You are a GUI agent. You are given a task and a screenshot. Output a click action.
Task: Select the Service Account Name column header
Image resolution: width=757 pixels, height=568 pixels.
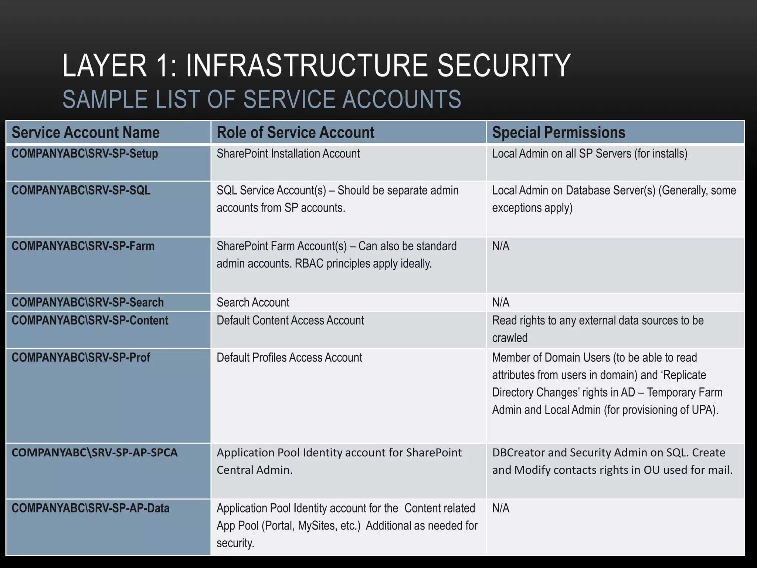coord(85,132)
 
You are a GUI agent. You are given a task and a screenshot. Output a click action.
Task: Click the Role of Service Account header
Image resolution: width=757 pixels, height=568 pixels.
coord(295,132)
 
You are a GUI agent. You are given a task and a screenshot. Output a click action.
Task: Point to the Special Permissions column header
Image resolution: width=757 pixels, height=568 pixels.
coord(559,132)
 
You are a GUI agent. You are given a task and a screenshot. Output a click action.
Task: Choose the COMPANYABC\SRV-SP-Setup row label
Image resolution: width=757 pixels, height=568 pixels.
coord(85,153)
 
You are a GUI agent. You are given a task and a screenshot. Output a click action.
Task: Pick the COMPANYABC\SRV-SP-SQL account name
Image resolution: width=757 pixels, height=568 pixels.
coord(81,190)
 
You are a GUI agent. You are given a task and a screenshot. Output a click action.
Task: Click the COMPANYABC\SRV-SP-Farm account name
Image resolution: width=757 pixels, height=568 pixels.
coord(83,246)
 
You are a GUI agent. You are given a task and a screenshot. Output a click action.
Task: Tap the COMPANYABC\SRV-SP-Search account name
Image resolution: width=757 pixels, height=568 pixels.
coord(88,302)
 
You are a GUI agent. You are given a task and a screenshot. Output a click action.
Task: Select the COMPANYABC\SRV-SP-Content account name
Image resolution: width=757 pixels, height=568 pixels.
coord(90,320)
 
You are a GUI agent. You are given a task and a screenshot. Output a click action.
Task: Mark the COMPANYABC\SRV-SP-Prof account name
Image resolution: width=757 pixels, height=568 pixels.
coord(81,357)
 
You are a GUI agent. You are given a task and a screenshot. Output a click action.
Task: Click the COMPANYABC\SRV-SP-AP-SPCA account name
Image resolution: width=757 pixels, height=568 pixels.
coord(95,452)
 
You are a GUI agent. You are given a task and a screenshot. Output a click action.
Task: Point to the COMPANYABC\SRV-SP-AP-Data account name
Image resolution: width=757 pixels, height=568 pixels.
coord(90,508)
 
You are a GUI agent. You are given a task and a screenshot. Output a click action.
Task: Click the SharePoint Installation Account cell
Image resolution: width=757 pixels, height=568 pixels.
coord(288,153)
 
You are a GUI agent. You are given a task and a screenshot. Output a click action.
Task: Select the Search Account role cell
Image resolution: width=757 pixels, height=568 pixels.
coord(253,302)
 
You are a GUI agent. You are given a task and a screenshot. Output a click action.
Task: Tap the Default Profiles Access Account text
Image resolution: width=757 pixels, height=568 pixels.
coord(289,357)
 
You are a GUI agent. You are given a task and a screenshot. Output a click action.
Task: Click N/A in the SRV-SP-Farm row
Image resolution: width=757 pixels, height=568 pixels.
coord(500,246)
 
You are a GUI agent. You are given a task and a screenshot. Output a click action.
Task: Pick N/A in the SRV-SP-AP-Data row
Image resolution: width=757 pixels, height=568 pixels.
coord(500,508)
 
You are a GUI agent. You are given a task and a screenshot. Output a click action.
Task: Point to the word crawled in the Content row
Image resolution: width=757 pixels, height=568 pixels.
coord(510,338)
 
